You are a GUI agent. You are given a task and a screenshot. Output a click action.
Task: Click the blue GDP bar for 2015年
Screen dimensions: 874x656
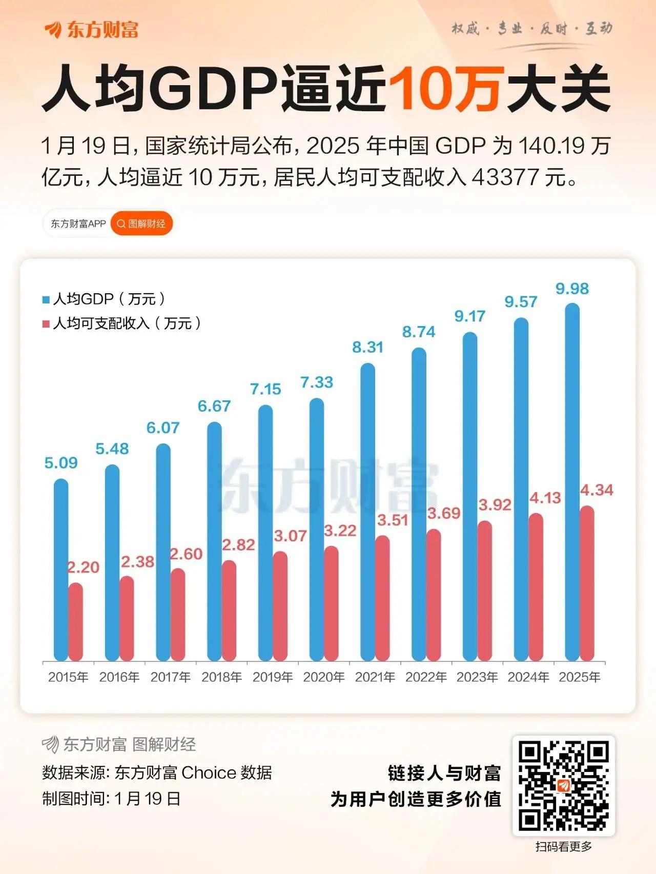point(61,569)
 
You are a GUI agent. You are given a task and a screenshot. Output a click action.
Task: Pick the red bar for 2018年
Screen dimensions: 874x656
point(229,610)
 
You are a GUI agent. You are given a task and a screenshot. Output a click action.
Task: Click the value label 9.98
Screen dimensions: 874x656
point(572,289)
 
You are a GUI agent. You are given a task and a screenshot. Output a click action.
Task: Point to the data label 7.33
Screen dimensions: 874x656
point(316,382)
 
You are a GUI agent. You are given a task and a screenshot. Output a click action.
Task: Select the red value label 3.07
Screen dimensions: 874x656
point(290,536)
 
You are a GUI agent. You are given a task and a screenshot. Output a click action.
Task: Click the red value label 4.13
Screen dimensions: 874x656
point(545,498)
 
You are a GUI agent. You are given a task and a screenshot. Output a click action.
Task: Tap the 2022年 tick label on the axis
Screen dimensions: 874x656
point(426,677)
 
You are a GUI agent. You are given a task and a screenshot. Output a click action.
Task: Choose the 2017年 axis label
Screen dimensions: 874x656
point(171,677)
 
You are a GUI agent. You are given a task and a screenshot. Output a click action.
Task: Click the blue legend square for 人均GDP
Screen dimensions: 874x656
point(46,299)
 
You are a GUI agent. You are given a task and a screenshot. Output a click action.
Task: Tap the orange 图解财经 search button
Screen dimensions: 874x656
point(141,224)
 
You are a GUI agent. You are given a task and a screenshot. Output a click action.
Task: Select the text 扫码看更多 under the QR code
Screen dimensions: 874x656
point(563,847)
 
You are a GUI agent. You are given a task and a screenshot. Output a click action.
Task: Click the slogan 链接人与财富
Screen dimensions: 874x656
point(444,773)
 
